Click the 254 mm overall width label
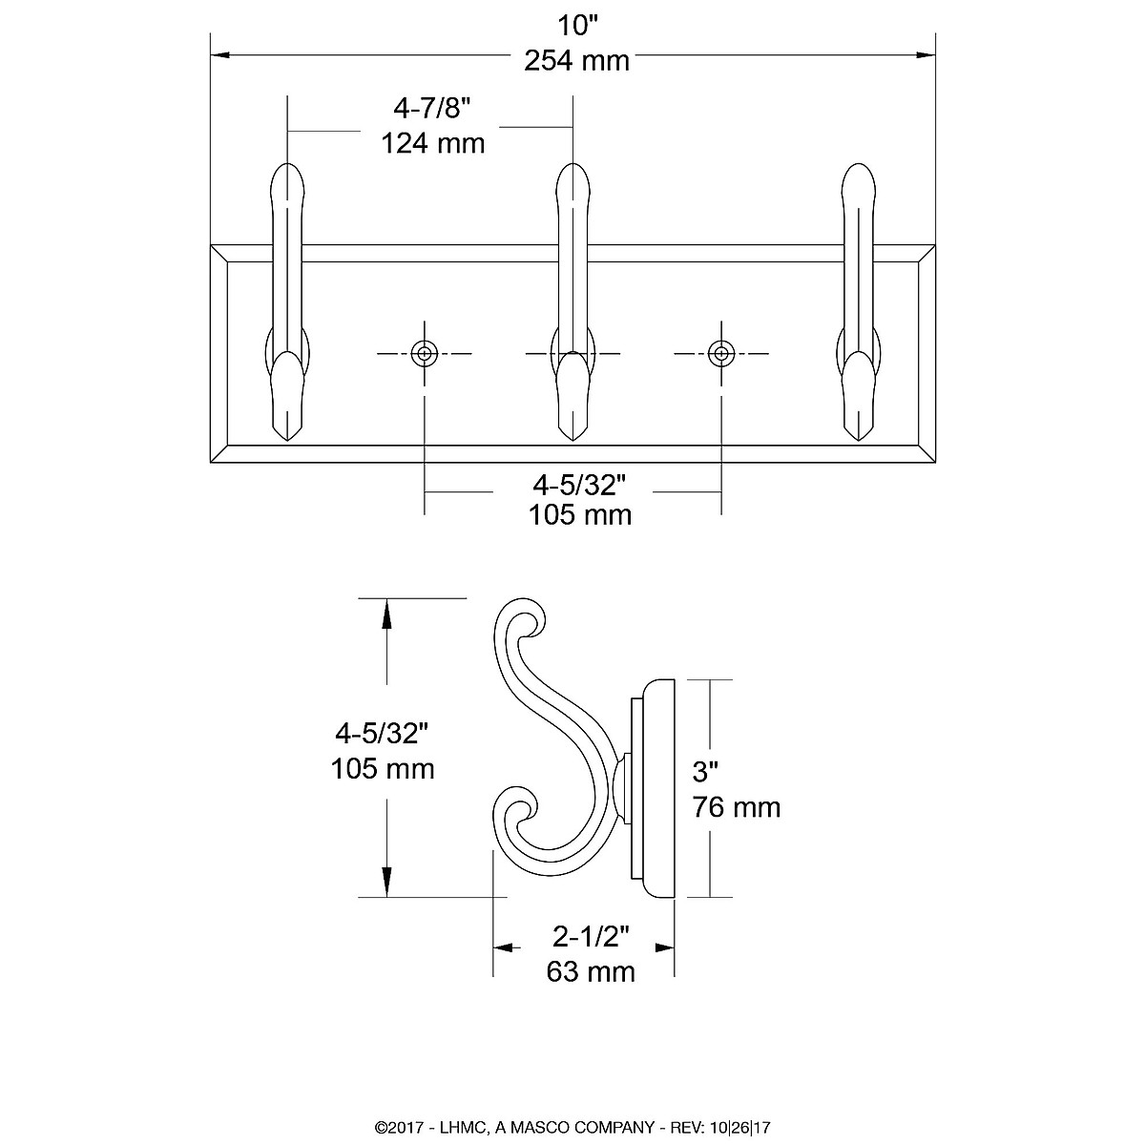coord(576,61)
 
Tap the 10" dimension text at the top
coord(576,24)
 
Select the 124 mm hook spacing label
coord(433,144)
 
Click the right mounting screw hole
coord(721,354)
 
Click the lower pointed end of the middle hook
coord(572,437)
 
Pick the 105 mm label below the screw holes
coord(579,515)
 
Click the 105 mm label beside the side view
coord(382,768)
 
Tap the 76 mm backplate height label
coord(737,807)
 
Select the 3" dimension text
coord(706,771)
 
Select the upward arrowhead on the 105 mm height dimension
coord(386,612)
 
